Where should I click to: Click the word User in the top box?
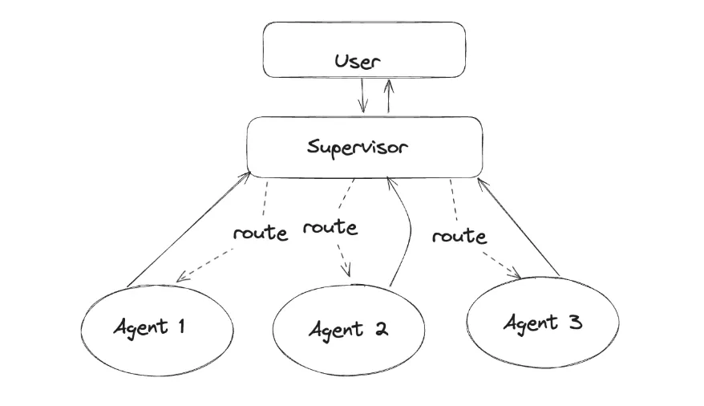tap(358, 61)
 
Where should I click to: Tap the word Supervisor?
tap(358, 148)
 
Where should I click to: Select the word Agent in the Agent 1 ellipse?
tap(141, 327)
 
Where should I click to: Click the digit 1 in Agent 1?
tap(182, 326)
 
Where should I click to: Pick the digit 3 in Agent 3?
tap(574, 322)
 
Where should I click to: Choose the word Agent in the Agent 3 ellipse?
tap(530, 323)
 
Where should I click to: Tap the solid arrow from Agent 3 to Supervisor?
tap(519, 228)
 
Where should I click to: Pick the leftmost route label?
tap(260, 233)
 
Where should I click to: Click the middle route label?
tap(330, 227)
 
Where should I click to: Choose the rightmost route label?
tap(459, 237)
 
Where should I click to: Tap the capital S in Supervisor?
tap(313, 147)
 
